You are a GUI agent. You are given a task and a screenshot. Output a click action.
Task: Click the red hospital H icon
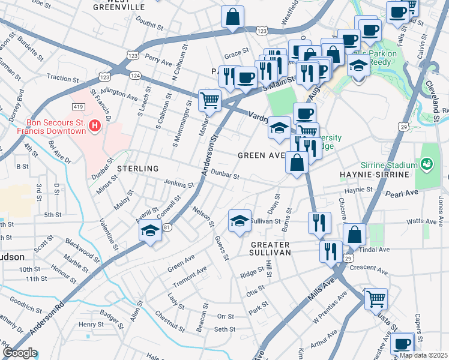(x=94, y=125)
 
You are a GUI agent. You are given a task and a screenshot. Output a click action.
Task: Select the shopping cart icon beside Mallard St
(x=209, y=100)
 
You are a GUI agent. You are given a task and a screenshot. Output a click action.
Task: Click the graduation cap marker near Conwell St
(x=149, y=231)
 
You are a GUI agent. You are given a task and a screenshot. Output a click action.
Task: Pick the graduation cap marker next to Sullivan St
(x=239, y=221)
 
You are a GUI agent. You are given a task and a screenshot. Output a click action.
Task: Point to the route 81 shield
(x=166, y=227)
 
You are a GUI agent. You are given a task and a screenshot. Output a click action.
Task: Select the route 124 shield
(x=135, y=75)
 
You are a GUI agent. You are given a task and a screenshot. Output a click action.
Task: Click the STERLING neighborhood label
(x=138, y=169)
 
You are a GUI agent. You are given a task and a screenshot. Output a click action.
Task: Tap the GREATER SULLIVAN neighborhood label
(x=270, y=249)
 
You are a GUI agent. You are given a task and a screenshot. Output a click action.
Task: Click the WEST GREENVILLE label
(x=119, y=6)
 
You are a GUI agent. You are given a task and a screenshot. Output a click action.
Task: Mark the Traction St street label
(x=63, y=78)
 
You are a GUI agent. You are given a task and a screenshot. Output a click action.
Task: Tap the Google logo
(x=19, y=353)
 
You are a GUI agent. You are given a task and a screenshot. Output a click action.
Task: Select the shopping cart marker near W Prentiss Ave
(x=375, y=298)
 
